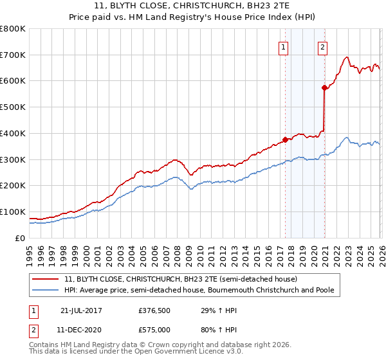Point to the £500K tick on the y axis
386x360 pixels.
(13, 107)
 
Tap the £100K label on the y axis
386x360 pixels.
(13, 212)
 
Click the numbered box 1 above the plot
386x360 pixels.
(284, 46)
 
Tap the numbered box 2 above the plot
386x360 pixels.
(322, 46)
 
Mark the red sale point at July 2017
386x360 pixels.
(285, 139)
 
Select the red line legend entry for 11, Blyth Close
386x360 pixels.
(181, 280)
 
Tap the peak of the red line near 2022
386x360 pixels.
(347, 57)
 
